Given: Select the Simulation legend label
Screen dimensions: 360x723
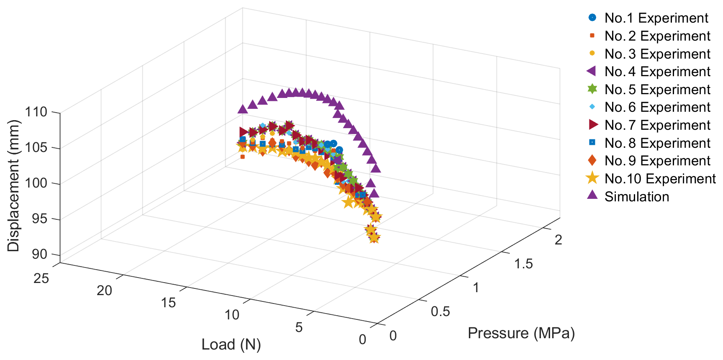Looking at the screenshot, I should tap(637, 197).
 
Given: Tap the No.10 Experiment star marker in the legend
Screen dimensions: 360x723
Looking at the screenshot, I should tap(592, 178).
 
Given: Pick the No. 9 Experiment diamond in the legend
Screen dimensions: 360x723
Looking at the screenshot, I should tap(592, 160).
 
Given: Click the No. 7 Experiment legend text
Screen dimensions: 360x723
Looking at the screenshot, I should tap(657, 125).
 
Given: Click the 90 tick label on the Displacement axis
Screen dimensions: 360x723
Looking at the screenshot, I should tap(39, 255).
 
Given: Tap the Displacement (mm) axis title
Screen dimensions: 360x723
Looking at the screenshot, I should tap(13, 185).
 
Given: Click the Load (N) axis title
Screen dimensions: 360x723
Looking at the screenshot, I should tap(231, 345).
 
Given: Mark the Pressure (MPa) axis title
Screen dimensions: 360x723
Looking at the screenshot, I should tap(521, 333).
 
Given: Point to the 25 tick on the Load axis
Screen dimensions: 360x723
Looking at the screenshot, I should tap(41, 278).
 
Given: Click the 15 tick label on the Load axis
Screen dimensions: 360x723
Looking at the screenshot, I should tap(168, 303).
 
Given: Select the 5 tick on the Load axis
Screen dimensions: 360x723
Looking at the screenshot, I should tap(298, 327).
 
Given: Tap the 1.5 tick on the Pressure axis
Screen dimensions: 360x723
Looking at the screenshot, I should tap(523, 264).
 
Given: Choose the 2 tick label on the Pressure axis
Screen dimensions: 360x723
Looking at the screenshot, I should tap(558, 240).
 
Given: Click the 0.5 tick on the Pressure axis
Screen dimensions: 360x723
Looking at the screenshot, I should tap(440, 311).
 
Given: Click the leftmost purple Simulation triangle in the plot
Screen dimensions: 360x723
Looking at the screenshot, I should tap(242, 109).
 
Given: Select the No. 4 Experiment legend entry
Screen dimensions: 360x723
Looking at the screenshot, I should tap(657, 72).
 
